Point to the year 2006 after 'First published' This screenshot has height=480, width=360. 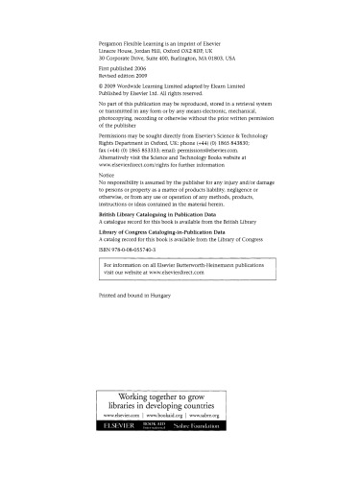pos(144,71)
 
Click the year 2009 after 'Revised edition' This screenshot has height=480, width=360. pos(153,78)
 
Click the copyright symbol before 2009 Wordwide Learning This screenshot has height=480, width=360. pos(102,90)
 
